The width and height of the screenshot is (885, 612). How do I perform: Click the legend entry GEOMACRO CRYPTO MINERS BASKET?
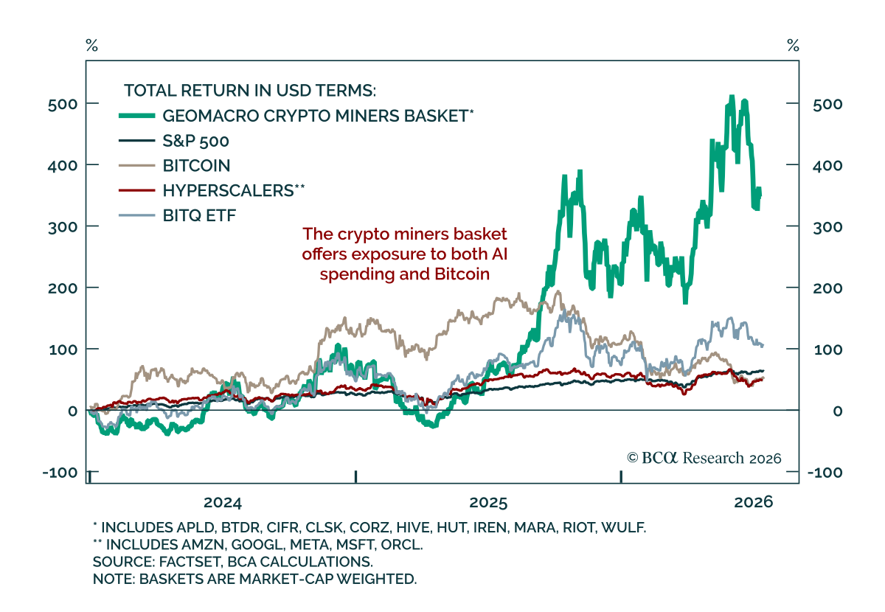[316, 117]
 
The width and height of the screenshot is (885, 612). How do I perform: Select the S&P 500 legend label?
[195, 141]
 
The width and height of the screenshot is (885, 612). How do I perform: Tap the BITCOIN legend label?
[196, 166]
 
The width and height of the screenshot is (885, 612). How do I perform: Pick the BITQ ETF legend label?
[199, 216]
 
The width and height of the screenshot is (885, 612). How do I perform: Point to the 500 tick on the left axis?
[63, 105]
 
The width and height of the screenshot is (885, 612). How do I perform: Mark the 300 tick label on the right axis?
[827, 227]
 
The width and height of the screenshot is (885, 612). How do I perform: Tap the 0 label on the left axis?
[73, 411]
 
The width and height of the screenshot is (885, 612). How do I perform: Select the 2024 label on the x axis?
[223, 503]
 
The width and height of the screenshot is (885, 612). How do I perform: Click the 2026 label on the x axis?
[754, 502]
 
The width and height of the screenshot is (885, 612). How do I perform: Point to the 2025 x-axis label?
[488, 503]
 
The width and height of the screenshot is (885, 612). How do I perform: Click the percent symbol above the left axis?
[91, 46]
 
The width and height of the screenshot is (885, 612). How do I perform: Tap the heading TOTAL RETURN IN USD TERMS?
[250, 91]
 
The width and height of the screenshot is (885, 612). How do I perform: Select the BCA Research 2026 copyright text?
[704, 458]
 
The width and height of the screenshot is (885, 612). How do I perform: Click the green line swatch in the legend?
[136, 116]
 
